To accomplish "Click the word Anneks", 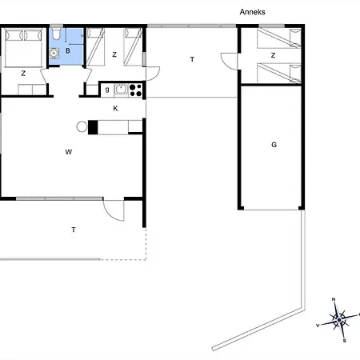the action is [x=252, y=12].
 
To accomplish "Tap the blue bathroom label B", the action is [x=68, y=50].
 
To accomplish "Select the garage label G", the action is [x=274, y=145].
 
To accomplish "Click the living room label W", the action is [x=69, y=152].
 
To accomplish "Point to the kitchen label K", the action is [x=115, y=108].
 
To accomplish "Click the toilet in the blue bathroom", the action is [x=56, y=34].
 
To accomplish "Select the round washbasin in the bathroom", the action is [x=54, y=53].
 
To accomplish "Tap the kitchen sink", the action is [x=121, y=90].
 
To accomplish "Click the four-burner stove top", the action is [x=135, y=90].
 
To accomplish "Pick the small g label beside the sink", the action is [x=107, y=90].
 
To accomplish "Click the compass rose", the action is [x=339, y=319].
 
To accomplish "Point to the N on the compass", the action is [x=334, y=299].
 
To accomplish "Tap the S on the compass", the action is [x=344, y=341].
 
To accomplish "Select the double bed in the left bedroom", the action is [x=24, y=47].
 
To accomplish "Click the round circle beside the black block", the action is [x=82, y=126].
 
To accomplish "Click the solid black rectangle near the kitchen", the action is [x=93, y=127].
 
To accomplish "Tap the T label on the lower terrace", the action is [x=74, y=230].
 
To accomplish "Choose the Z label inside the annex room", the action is [x=273, y=55].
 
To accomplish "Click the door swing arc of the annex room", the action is [x=226, y=62].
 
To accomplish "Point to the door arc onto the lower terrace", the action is [x=110, y=214].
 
